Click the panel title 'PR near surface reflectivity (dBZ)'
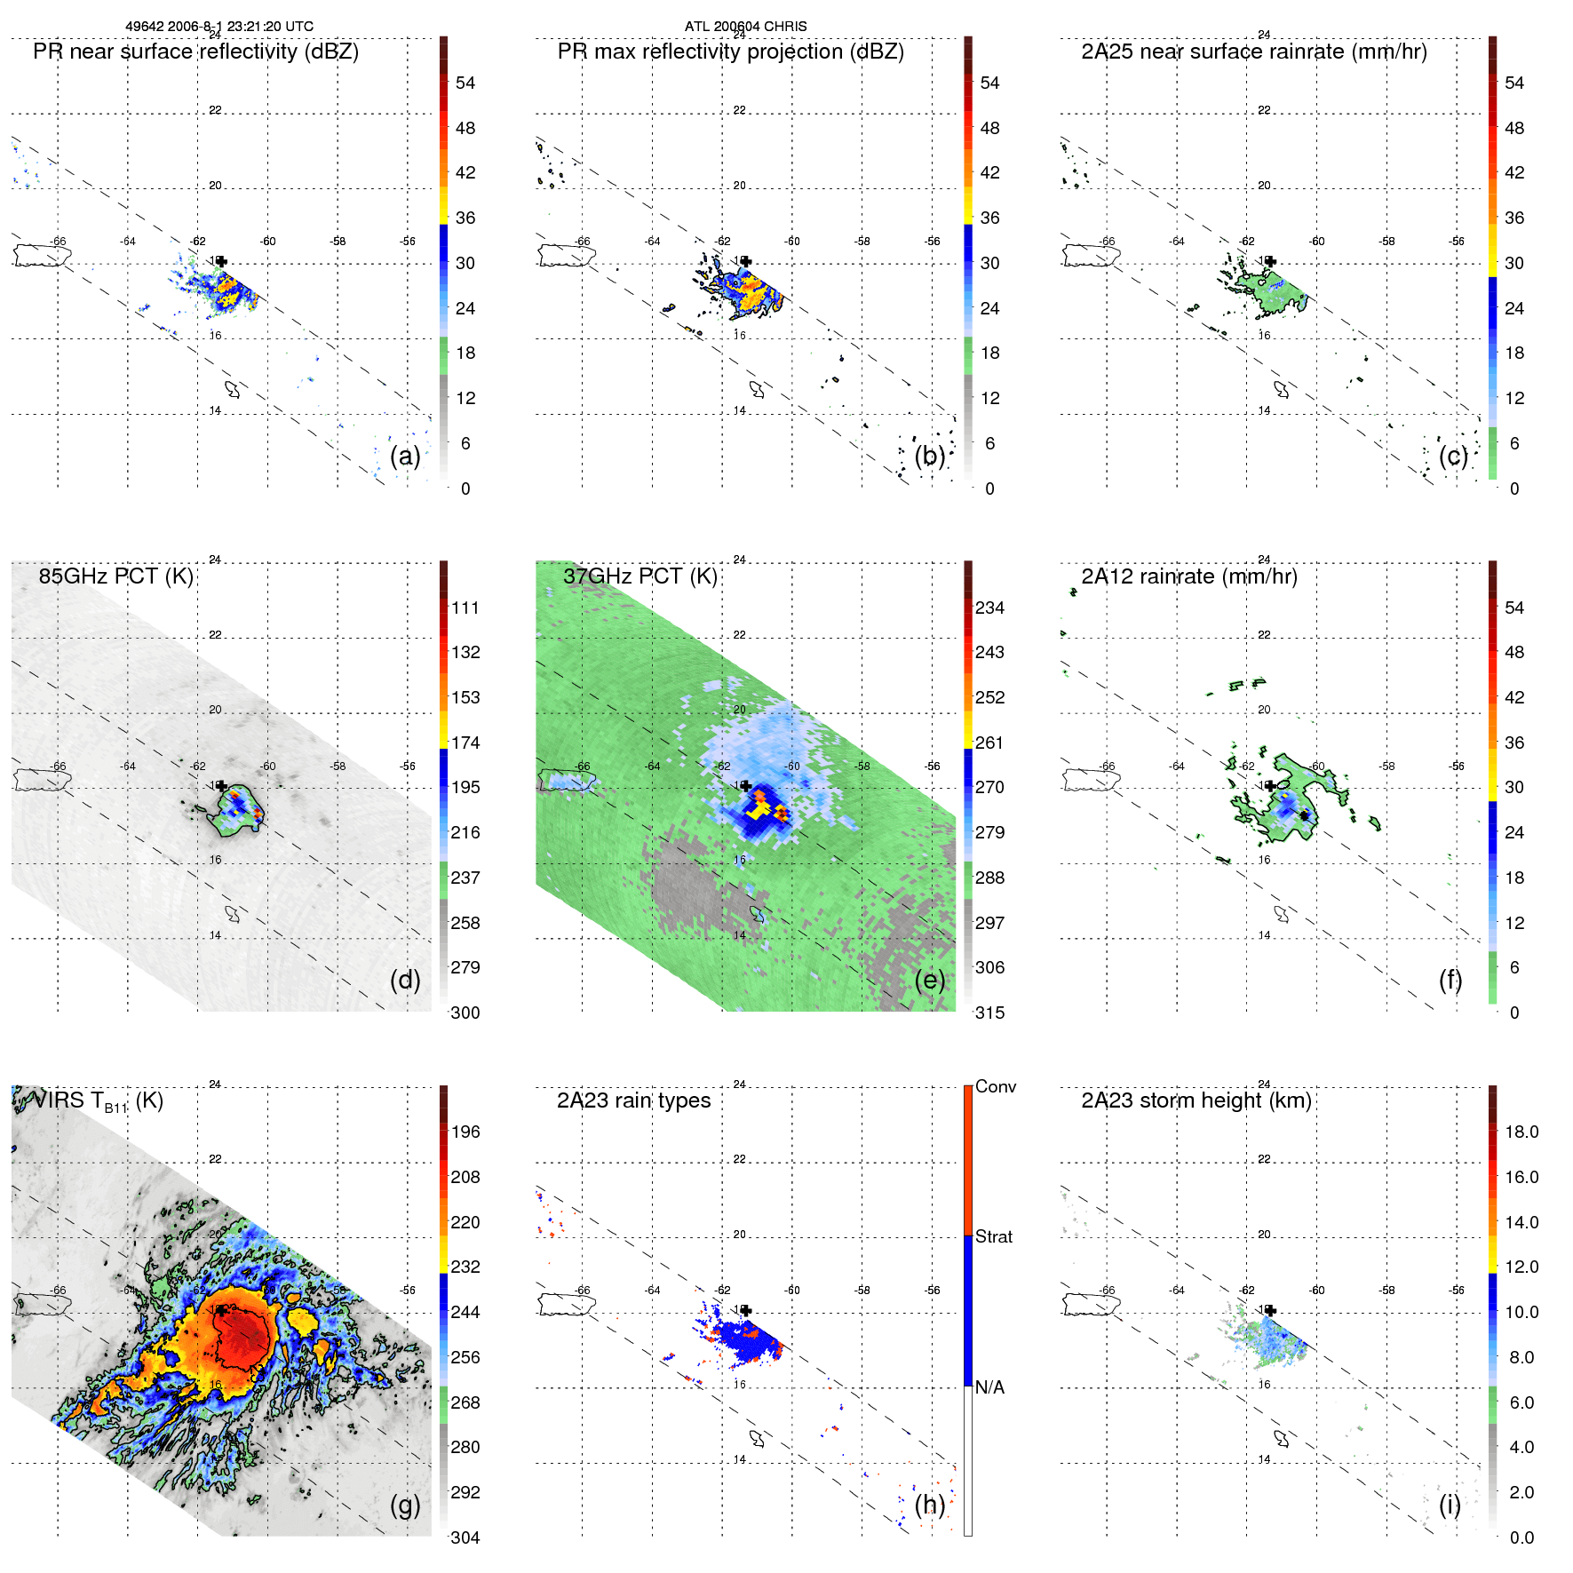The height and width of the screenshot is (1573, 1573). click(x=195, y=52)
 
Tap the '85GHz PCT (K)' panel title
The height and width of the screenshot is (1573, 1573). click(x=115, y=576)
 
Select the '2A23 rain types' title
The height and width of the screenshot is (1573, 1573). click(x=633, y=1100)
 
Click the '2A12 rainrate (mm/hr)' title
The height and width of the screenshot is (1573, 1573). click(x=1188, y=576)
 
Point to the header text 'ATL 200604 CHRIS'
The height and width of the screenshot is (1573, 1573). click(x=745, y=27)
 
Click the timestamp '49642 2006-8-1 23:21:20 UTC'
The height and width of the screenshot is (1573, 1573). click(x=218, y=27)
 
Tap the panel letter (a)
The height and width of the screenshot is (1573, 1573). click(x=405, y=457)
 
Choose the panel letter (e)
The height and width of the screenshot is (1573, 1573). click(x=929, y=981)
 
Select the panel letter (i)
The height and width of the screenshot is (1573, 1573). click(x=1450, y=1505)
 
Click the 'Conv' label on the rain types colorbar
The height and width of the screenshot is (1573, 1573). click(x=995, y=1086)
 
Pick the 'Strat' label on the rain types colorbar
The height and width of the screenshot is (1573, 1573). click(x=993, y=1236)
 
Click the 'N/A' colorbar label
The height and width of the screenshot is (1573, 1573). click(x=989, y=1387)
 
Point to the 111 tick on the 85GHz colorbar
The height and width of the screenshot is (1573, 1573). click(x=465, y=608)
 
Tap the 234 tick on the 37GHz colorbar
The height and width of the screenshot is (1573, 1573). click(x=989, y=608)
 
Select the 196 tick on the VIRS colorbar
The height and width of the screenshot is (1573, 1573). click(x=465, y=1132)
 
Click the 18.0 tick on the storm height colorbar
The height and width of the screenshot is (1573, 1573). click(x=1521, y=1132)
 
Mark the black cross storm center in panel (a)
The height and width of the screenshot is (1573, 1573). click(x=222, y=261)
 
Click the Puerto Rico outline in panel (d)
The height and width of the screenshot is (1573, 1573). click(x=42, y=780)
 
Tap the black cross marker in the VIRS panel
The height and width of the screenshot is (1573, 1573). click(x=221, y=1310)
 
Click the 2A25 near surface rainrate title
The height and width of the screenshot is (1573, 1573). click(x=1253, y=52)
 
